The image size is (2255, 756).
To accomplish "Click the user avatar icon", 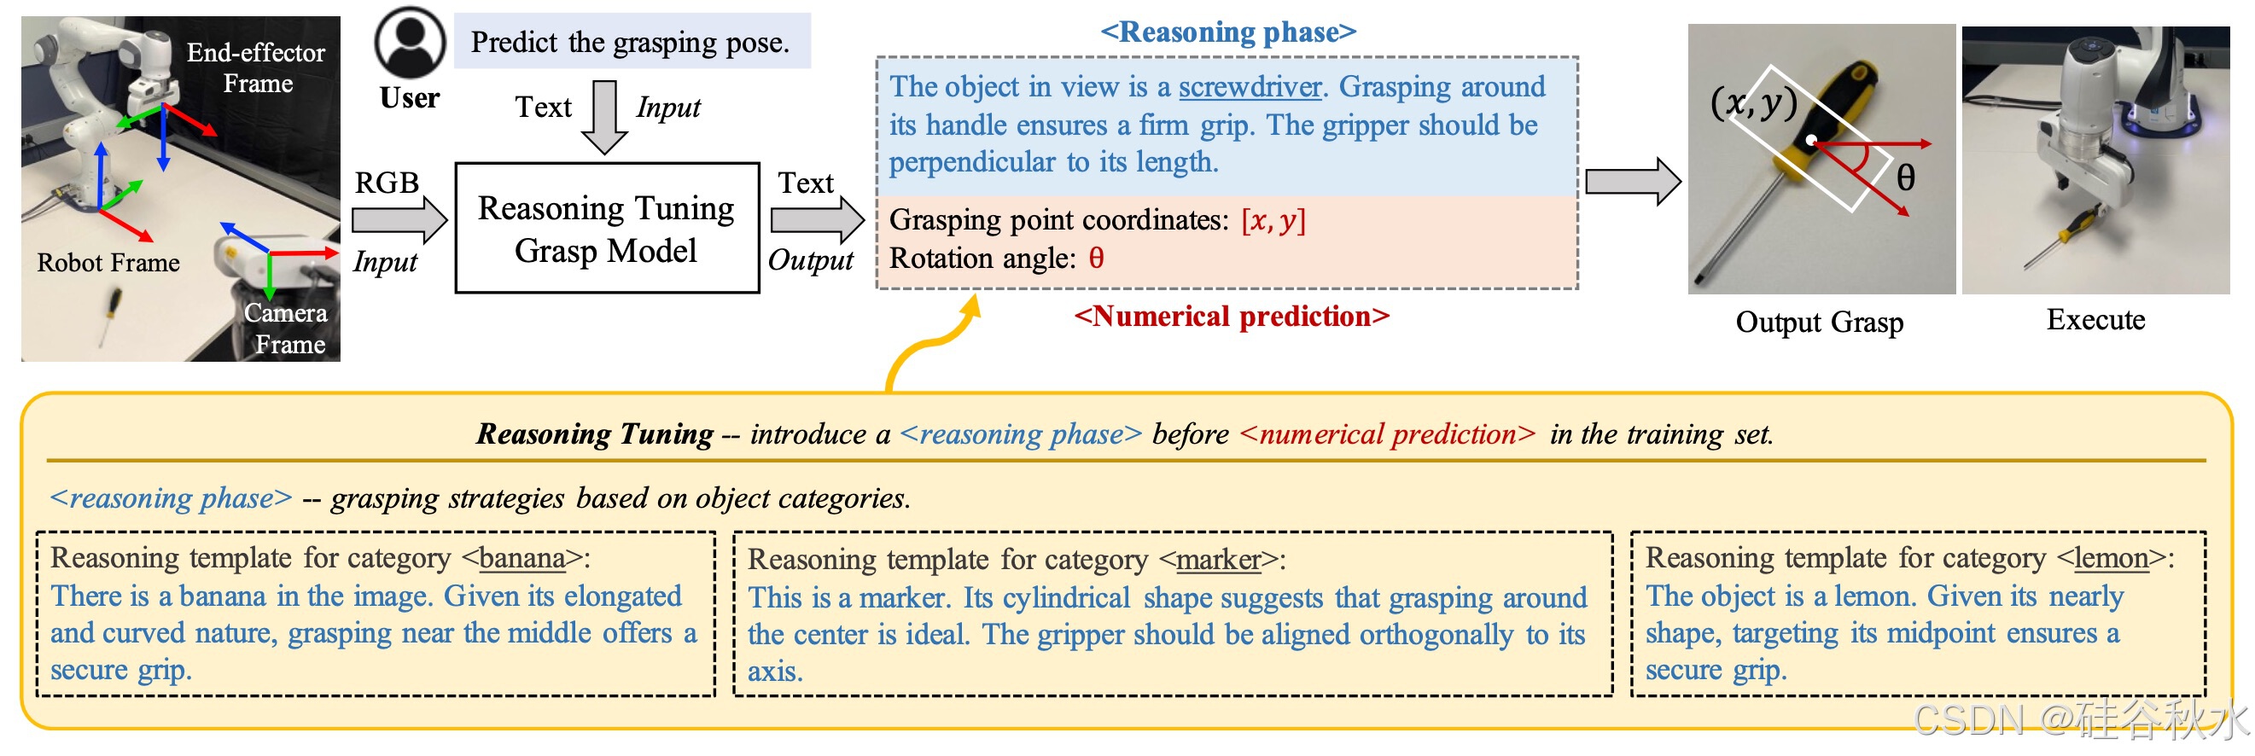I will click(410, 43).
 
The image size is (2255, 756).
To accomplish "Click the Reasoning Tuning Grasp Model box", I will click(607, 229).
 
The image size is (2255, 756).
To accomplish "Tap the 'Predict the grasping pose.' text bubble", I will click(631, 42).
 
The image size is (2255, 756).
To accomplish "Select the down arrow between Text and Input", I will click(604, 116).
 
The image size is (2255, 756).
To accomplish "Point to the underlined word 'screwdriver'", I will click(1250, 87).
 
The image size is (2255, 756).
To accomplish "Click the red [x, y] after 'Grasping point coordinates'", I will click(1273, 220).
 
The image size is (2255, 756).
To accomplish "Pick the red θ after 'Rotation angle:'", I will click(1096, 259).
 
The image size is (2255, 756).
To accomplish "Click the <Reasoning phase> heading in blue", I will click(1228, 32).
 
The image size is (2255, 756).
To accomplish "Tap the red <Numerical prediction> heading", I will click(1232, 316).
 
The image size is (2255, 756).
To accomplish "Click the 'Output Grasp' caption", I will click(1819, 322).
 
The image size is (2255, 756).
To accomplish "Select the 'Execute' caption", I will click(2095, 320).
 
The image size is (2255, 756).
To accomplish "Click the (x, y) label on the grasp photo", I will click(1753, 103).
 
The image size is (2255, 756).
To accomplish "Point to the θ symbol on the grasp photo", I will click(1905, 177).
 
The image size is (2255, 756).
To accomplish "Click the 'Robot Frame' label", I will click(108, 263).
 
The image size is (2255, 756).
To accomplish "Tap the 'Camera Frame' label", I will click(286, 329).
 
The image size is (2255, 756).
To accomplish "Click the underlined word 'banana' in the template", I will click(522, 558).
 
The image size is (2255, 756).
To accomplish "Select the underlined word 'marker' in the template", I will click(1219, 560).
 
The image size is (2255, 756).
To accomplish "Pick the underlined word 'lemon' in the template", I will click(2112, 558).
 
